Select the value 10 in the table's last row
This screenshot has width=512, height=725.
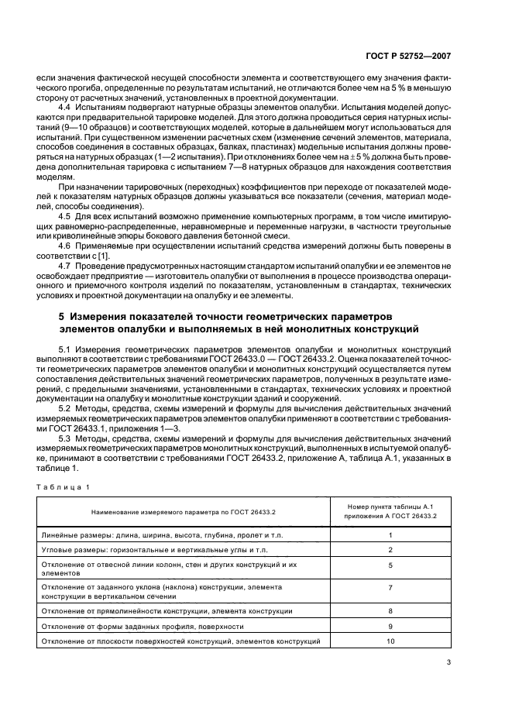pyautogui.click(x=390, y=642)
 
